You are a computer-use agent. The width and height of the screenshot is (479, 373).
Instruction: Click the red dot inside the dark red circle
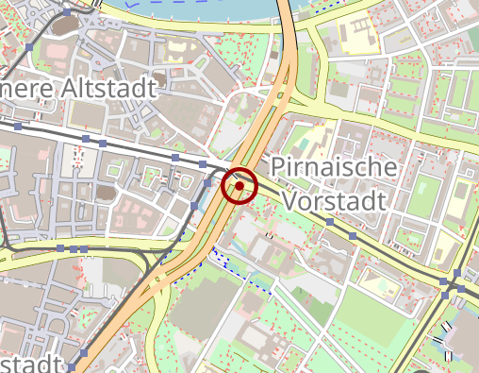point(239,186)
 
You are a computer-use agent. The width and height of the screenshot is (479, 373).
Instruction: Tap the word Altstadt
point(120,88)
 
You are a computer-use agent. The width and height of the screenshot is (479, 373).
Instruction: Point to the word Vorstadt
point(335,201)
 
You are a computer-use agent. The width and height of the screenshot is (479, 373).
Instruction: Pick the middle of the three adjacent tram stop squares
point(72,248)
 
